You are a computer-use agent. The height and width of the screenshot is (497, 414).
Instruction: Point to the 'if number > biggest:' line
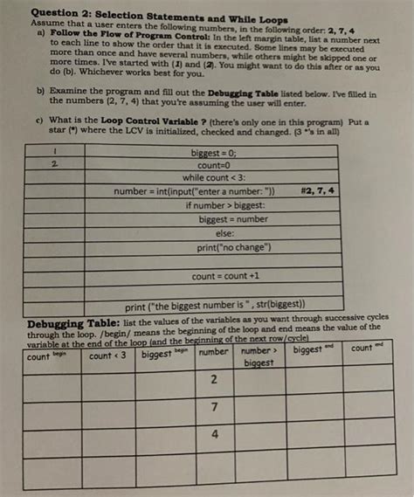click(222, 205)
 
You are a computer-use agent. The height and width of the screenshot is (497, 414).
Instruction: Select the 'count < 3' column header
click(108, 355)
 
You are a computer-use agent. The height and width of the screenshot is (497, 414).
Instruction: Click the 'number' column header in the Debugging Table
click(212, 352)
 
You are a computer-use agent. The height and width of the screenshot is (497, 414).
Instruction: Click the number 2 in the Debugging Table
click(213, 382)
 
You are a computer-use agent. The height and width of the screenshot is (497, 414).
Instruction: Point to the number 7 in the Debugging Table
click(213, 408)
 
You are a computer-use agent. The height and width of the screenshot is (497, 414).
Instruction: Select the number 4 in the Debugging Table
click(213, 434)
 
